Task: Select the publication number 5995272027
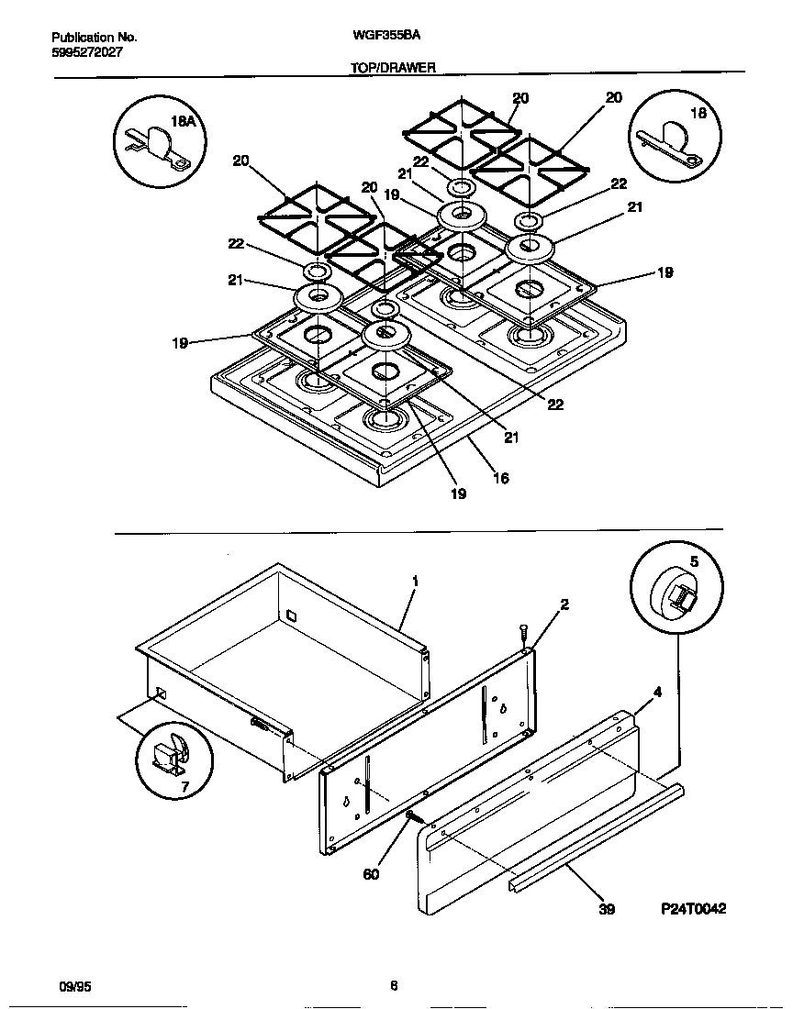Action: coord(86,52)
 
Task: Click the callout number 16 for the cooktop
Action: coord(500,478)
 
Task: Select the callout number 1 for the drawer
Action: coord(415,582)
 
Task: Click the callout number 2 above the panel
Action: coord(564,604)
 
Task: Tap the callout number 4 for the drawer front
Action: coord(657,693)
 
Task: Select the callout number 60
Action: coord(371,874)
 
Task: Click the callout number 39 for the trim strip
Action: coord(607,909)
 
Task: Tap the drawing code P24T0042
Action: coord(693,908)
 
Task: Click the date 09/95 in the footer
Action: coord(74,987)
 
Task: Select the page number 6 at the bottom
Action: coord(394,987)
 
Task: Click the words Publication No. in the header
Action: coord(95,38)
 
